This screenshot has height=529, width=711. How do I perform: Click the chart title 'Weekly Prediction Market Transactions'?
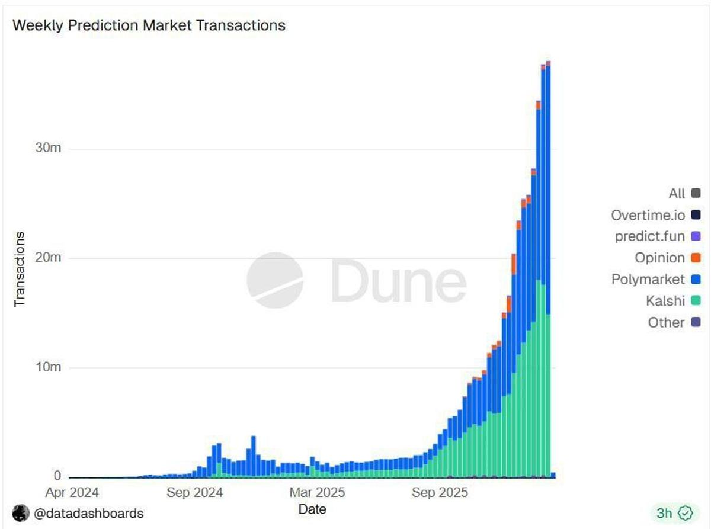point(149,25)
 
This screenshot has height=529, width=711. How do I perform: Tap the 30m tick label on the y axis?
point(47,148)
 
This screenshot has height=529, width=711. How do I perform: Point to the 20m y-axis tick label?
point(47,258)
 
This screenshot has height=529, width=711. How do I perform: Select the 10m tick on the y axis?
point(47,367)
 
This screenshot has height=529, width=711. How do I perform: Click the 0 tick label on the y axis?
point(57,476)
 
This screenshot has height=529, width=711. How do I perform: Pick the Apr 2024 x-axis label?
point(73,492)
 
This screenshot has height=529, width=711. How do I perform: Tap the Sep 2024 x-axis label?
point(195,492)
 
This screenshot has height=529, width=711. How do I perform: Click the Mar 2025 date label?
point(317,492)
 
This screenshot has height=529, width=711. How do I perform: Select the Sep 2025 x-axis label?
point(440,492)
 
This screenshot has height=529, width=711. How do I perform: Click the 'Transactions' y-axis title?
point(20,269)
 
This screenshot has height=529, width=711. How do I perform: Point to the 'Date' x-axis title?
point(312,509)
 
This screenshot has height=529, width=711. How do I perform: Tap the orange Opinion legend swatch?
point(696,258)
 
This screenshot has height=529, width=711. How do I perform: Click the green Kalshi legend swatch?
point(696,301)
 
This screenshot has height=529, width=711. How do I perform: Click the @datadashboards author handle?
point(88,513)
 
